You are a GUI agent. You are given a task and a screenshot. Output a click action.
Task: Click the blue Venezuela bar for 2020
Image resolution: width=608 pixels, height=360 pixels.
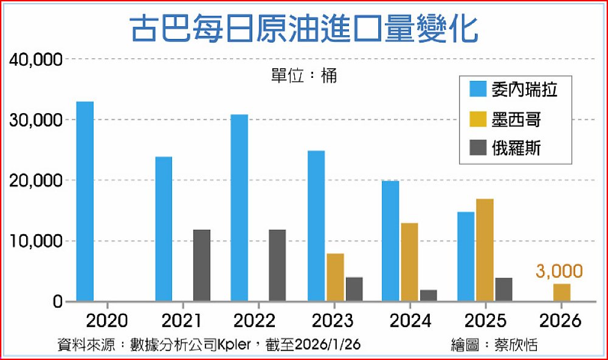tap(85, 201)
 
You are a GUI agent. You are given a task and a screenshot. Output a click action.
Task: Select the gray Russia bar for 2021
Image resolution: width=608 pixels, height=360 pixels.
tap(202, 265)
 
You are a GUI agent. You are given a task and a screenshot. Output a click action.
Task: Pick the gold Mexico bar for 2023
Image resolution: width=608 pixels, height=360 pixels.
tap(334, 277)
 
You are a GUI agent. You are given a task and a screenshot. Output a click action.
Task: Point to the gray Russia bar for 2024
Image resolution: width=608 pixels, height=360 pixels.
tap(429, 296)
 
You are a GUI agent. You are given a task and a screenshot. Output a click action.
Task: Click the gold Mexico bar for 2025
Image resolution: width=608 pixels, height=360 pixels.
tap(485, 250)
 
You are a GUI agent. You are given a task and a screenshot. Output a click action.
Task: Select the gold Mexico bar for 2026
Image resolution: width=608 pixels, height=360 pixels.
tap(562, 292)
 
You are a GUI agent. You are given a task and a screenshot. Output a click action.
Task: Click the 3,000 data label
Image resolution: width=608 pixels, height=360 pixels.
tap(559, 271)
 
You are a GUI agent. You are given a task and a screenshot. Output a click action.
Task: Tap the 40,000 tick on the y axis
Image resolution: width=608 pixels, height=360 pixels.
tap(36, 60)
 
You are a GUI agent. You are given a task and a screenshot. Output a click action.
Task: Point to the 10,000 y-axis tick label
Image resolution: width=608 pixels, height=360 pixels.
tap(36, 241)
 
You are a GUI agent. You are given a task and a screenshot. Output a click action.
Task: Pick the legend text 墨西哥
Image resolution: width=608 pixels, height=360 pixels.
tap(516, 120)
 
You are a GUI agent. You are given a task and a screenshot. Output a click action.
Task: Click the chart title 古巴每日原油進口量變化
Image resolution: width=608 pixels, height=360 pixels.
tap(304, 29)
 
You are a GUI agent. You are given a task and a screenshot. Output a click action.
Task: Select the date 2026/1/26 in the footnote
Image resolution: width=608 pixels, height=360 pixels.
tap(328, 345)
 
